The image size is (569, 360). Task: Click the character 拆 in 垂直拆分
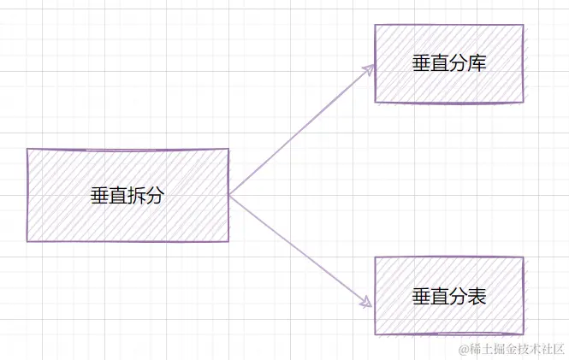[137, 196]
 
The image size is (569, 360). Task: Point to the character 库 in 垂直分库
[477, 64]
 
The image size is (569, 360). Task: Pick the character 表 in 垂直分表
[477, 296]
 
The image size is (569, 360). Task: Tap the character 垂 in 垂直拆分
[100, 196]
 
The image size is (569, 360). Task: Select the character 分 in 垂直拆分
[155, 196]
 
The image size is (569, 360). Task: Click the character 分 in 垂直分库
[459, 64]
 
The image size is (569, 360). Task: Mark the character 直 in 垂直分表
[440, 296]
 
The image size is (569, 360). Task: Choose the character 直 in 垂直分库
[440, 64]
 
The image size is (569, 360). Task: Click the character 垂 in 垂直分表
[421, 296]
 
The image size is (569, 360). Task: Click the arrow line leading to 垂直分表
[299, 250]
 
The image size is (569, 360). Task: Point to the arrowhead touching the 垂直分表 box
[366, 302]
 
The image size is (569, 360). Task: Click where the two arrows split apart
[230, 194]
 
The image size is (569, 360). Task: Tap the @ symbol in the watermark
[465, 349]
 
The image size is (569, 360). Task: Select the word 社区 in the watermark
[553, 349]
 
